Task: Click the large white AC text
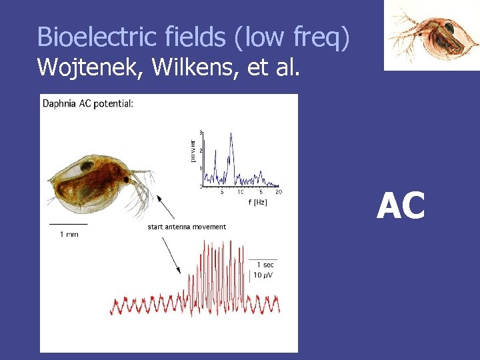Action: tap(401, 206)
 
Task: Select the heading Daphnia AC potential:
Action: tap(88, 103)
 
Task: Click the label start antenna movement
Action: tap(187, 227)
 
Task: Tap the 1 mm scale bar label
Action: tap(69, 234)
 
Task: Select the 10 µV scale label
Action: tap(263, 275)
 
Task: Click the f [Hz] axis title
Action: tap(257, 202)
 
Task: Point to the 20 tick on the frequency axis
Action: tap(279, 192)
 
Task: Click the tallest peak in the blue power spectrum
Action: tap(231, 135)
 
